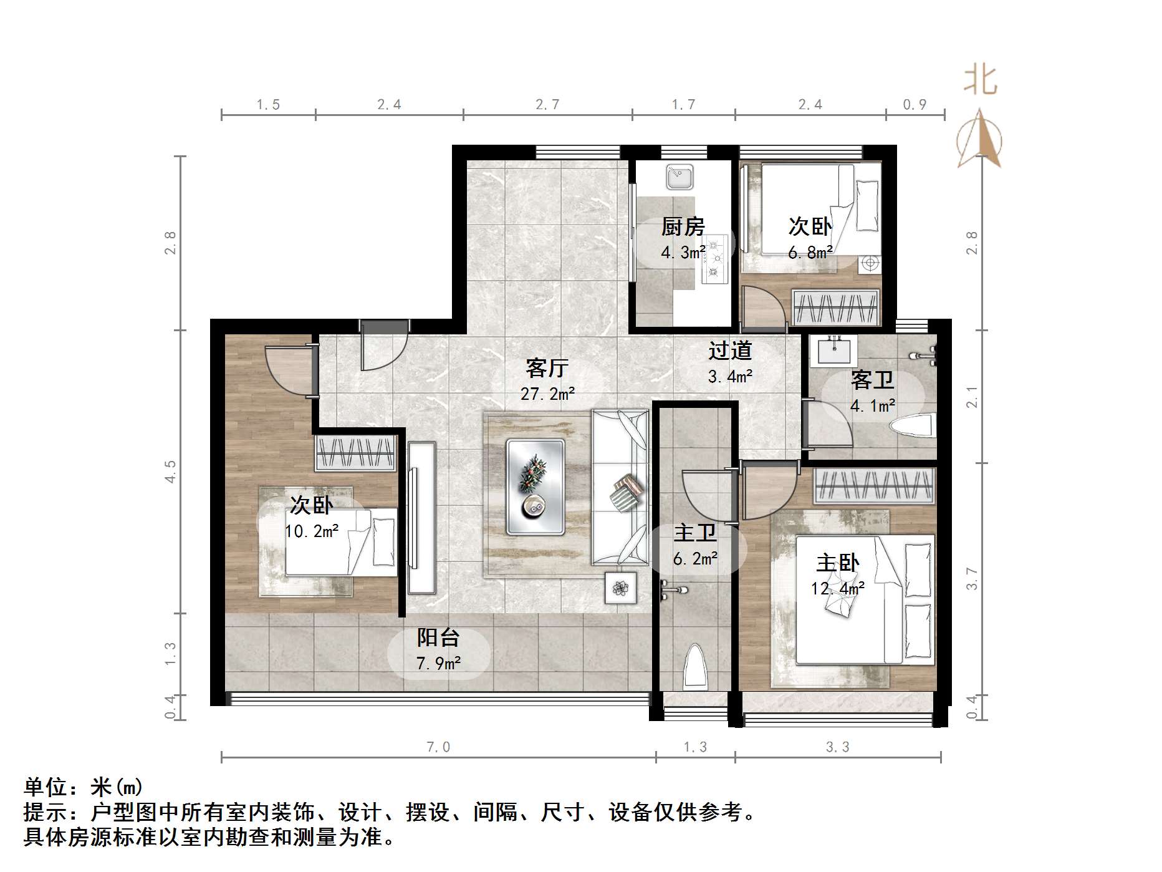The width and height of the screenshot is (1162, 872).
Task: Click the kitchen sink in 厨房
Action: [679, 177]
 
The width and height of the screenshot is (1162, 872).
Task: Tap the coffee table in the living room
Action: [535, 487]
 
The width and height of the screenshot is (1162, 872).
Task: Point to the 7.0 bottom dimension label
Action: [438, 747]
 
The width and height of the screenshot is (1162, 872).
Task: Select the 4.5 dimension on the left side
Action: [170, 472]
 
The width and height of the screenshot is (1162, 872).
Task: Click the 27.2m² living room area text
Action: [547, 394]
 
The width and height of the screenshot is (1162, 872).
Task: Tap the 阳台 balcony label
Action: [438, 637]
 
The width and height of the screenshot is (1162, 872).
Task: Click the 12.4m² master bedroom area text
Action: [837, 588]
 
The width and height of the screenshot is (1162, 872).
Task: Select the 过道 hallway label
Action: [729, 351]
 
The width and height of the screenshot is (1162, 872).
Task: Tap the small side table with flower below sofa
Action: [620, 587]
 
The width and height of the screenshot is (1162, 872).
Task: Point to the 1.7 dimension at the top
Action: [683, 105]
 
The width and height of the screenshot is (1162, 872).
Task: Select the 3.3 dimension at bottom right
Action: [837, 747]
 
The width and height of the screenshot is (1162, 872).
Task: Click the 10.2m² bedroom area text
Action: [312, 531]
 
